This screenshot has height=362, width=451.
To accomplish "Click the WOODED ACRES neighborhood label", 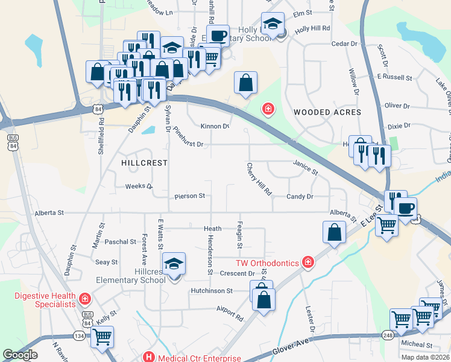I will [x=327, y=112].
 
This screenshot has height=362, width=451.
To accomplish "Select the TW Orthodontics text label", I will [x=267, y=262].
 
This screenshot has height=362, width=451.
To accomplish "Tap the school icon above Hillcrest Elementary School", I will [x=174, y=264].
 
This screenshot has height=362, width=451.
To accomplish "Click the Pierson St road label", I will [x=190, y=196].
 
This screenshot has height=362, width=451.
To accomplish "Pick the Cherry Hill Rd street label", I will [x=259, y=179].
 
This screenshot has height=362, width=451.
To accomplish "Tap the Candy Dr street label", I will [x=300, y=197].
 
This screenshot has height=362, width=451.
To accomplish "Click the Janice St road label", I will [x=305, y=168].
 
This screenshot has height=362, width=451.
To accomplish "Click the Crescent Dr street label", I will [x=235, y=273].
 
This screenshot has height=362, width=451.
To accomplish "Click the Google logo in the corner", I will [x=20, y=355].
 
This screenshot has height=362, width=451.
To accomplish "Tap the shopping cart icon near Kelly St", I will [x=102, y=337].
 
